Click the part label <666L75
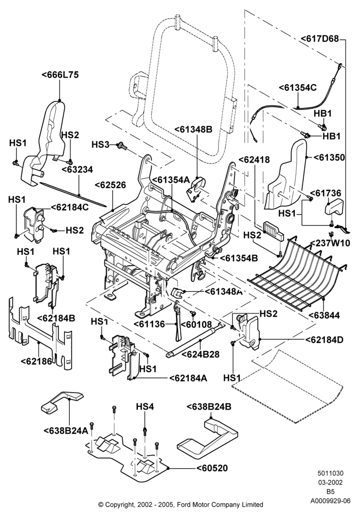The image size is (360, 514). click(60, 75)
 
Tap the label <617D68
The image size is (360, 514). click(320, 39)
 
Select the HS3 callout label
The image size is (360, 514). click(100, 144)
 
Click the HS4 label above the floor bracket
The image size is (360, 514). click(145, 407)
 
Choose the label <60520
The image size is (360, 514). click(212, 468)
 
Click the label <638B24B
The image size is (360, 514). click(209, 407)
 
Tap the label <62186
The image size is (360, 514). click(37, 361)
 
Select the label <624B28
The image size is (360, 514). click(201, 354)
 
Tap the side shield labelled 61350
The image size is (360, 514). click(285, 174)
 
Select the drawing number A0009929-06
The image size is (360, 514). click(330, 501)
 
